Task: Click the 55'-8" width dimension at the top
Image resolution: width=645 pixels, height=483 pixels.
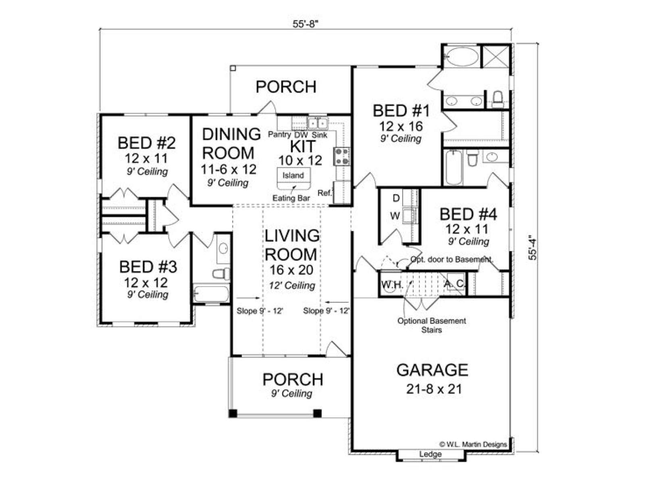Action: pyautogui.click(x=306, y=24)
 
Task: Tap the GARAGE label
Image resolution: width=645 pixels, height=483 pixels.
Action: pyautogui.click(x=432, y=370)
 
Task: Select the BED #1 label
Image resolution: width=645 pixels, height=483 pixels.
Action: pyautogui.click(x=401, y=111)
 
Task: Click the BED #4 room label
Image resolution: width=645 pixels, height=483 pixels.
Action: pyautogui.click(x=468, y=215)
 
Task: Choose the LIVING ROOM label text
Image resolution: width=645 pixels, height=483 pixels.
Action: pyautogui.click(x=292, y=245)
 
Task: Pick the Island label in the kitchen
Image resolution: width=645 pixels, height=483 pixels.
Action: pyautogui.click(x=293, y=175)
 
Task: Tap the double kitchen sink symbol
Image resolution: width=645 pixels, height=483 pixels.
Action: pyautogui.click(x=317, y=123)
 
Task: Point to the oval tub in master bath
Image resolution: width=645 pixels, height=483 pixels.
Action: pyautogui.click(x=462, y=57)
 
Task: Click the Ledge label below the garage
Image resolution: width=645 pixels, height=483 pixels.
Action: pyautogui.click(x=430, y=454)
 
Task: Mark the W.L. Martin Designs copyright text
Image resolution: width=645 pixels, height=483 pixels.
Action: pyautogui.click(x=473, y=445)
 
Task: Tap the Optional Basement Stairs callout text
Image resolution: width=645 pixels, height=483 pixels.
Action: pyautogui.click(x=432, y=325)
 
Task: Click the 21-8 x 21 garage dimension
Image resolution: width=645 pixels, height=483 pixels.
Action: pyautogui.click(x=434, y=389)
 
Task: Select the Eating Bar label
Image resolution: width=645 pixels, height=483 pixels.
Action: pyautogui.click(x=291, y=198)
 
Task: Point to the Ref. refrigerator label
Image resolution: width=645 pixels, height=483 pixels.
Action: pyautogui.click(x=325, y=193)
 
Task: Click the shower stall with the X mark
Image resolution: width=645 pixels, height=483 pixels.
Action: pyautogui.click(x=496, y=56)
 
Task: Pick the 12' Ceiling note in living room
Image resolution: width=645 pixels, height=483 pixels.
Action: pyautogui.click(x=292, y=285)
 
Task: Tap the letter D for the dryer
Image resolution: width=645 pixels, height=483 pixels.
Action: pyautogui.click(x=396, y=198)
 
